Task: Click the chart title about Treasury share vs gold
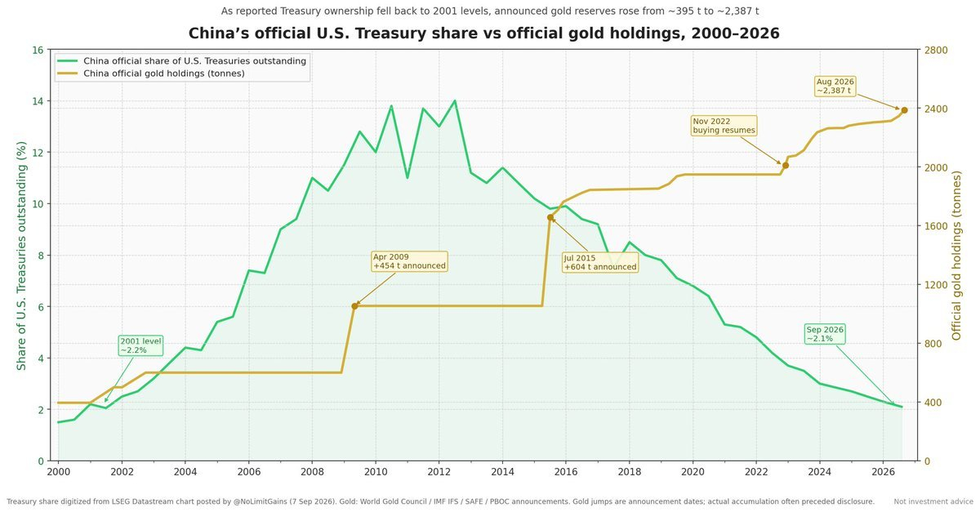click(x=483, y=33)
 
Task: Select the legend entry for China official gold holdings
click(x=164, y=73)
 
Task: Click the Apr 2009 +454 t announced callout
click(x=409, y=261)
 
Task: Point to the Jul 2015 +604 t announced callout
click(x=600, y=262)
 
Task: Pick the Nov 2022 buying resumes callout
click(x=724, y=126)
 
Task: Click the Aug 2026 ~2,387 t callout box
click(x=835, y=87)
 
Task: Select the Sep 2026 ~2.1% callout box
click(x=825, y=334)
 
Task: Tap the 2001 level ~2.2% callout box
click(x=140, y=345)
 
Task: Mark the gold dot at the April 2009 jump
click(x=354, y=306)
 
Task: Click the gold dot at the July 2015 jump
click(x=550, y=217)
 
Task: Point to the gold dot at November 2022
click(x=786, y=166)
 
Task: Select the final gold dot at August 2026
click(x=904, y=110)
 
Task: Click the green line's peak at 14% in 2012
click(x=455, y=101)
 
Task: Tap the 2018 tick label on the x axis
click(x=629, y=472)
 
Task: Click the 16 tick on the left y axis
click(x=38, y=50)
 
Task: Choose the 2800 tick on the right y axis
click(x=935, y=50)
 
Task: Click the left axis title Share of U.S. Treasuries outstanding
click(x=21, y=255)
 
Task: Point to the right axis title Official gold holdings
click(x=957, y=256)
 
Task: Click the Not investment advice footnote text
click(x=933, y=501)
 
